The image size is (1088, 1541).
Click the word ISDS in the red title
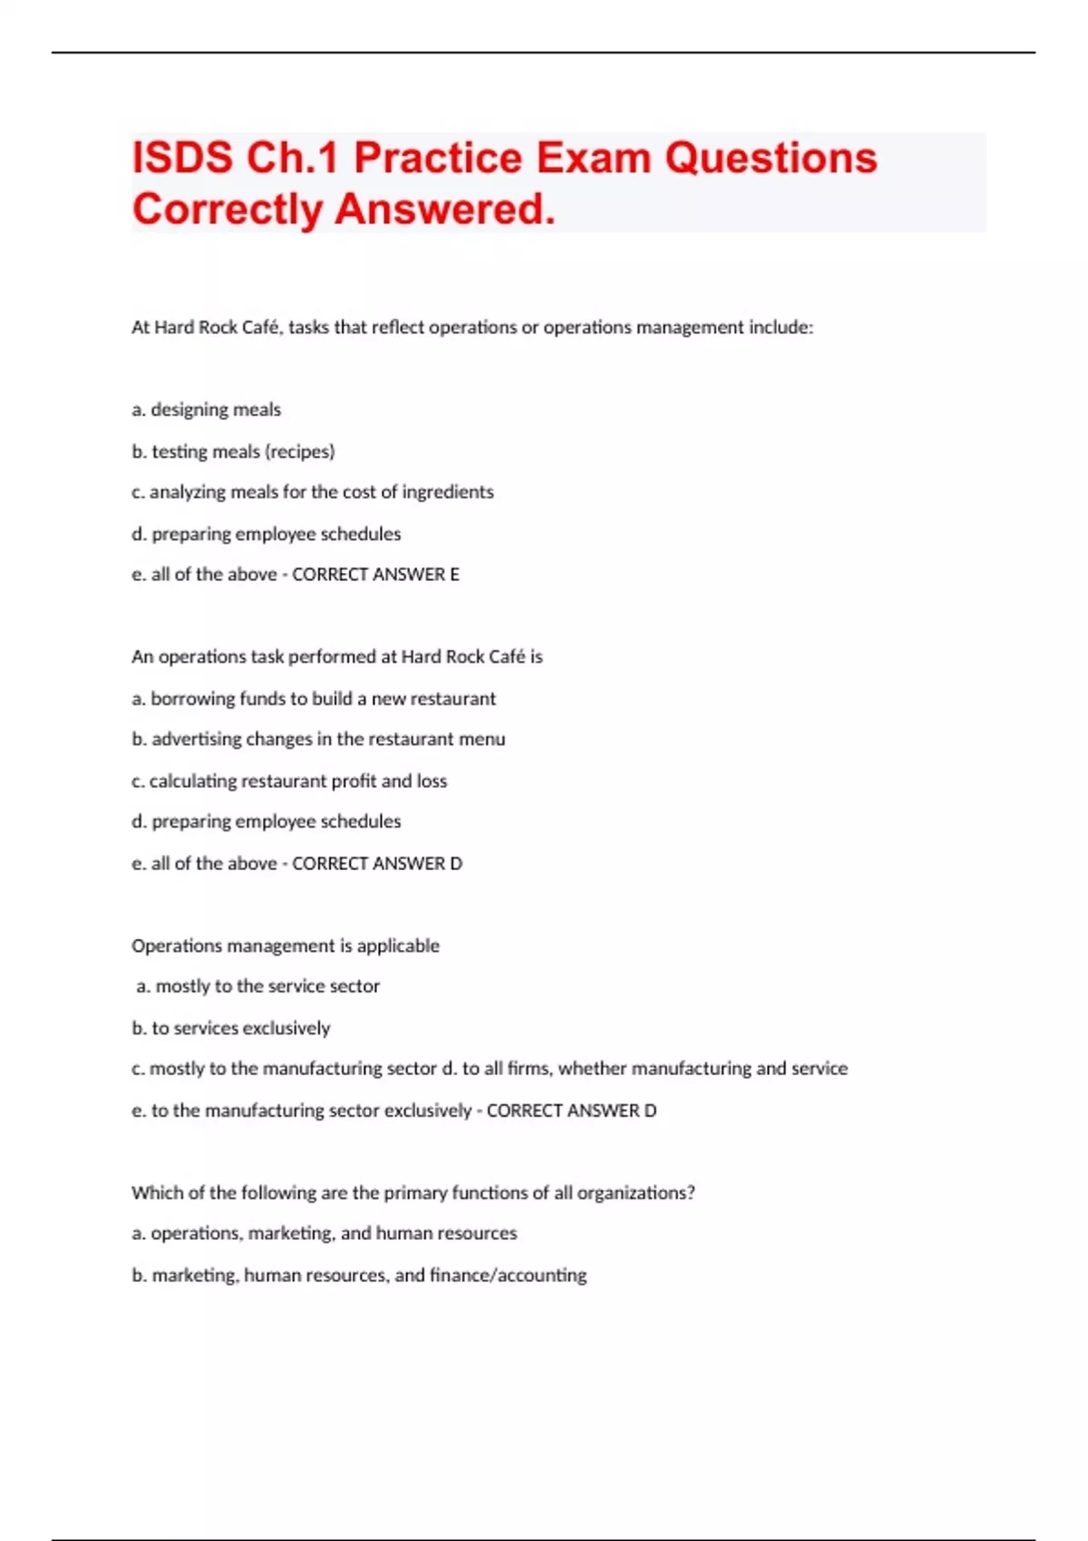pyautogui.click(x=182, y=158)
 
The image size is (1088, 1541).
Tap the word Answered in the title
pyautogui.click(x=445, y=209)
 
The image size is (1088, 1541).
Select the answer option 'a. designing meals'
pyautogui.click(x=206, y=410)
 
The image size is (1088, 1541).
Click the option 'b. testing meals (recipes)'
pyautogui.click(x=233, y=451)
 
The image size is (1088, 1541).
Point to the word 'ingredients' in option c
pyautogui.click(x=448, y=492)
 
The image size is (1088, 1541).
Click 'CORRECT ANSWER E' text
pyautogui.click(x=375, y=575)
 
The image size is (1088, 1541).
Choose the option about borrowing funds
pyautogui.click(x=314, y=699)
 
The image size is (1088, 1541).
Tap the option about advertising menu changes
pyautogui.click(x=318, y=740)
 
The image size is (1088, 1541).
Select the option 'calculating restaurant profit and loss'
pyautogui.click(x=289, y=781)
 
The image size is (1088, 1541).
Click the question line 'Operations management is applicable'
pyautogui.click(x=285, y=946)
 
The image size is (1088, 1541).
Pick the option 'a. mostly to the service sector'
pyautogui.click(x=257, y=986)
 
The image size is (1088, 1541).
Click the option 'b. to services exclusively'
pyautogui.click(x=230, y=1029)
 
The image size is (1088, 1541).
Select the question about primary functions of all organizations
pyautogui.click(x=413, y=1193)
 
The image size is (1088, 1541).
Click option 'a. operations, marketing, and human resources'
pyautogui.click(x=324, y=1234)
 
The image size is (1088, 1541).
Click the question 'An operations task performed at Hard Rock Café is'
pyautogui.click(x=336, y=657)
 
